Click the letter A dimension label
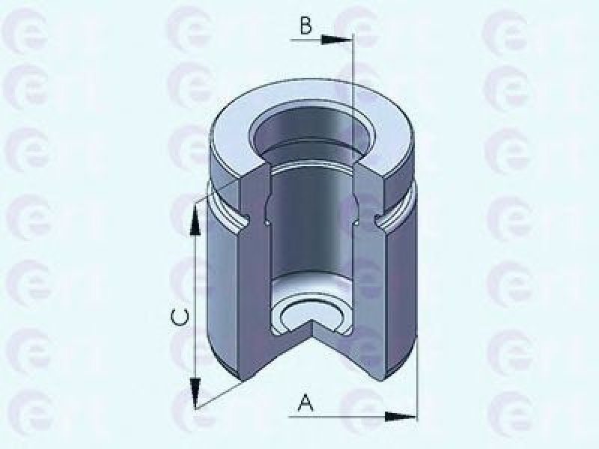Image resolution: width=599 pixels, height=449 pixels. (305, 403)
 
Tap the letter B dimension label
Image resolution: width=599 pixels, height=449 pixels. (306, 26)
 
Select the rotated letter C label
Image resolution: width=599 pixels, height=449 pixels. (179, 317)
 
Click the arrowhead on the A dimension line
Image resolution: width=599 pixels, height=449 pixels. (400, 417)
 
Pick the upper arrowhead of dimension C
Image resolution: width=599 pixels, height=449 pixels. (195, 219)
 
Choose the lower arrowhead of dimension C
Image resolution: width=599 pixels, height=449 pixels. (195, 394)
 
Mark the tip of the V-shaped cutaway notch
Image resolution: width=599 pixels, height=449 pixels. (313, 320)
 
